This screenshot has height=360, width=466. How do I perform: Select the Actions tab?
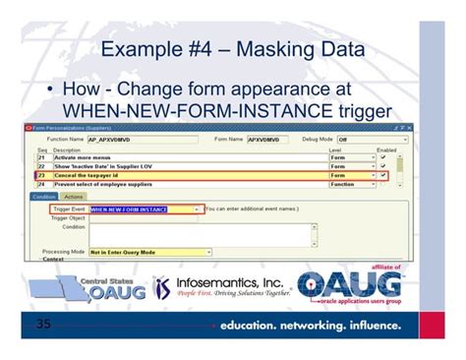(x=75, y=197)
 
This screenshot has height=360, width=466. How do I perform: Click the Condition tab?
(x=44, y=197)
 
